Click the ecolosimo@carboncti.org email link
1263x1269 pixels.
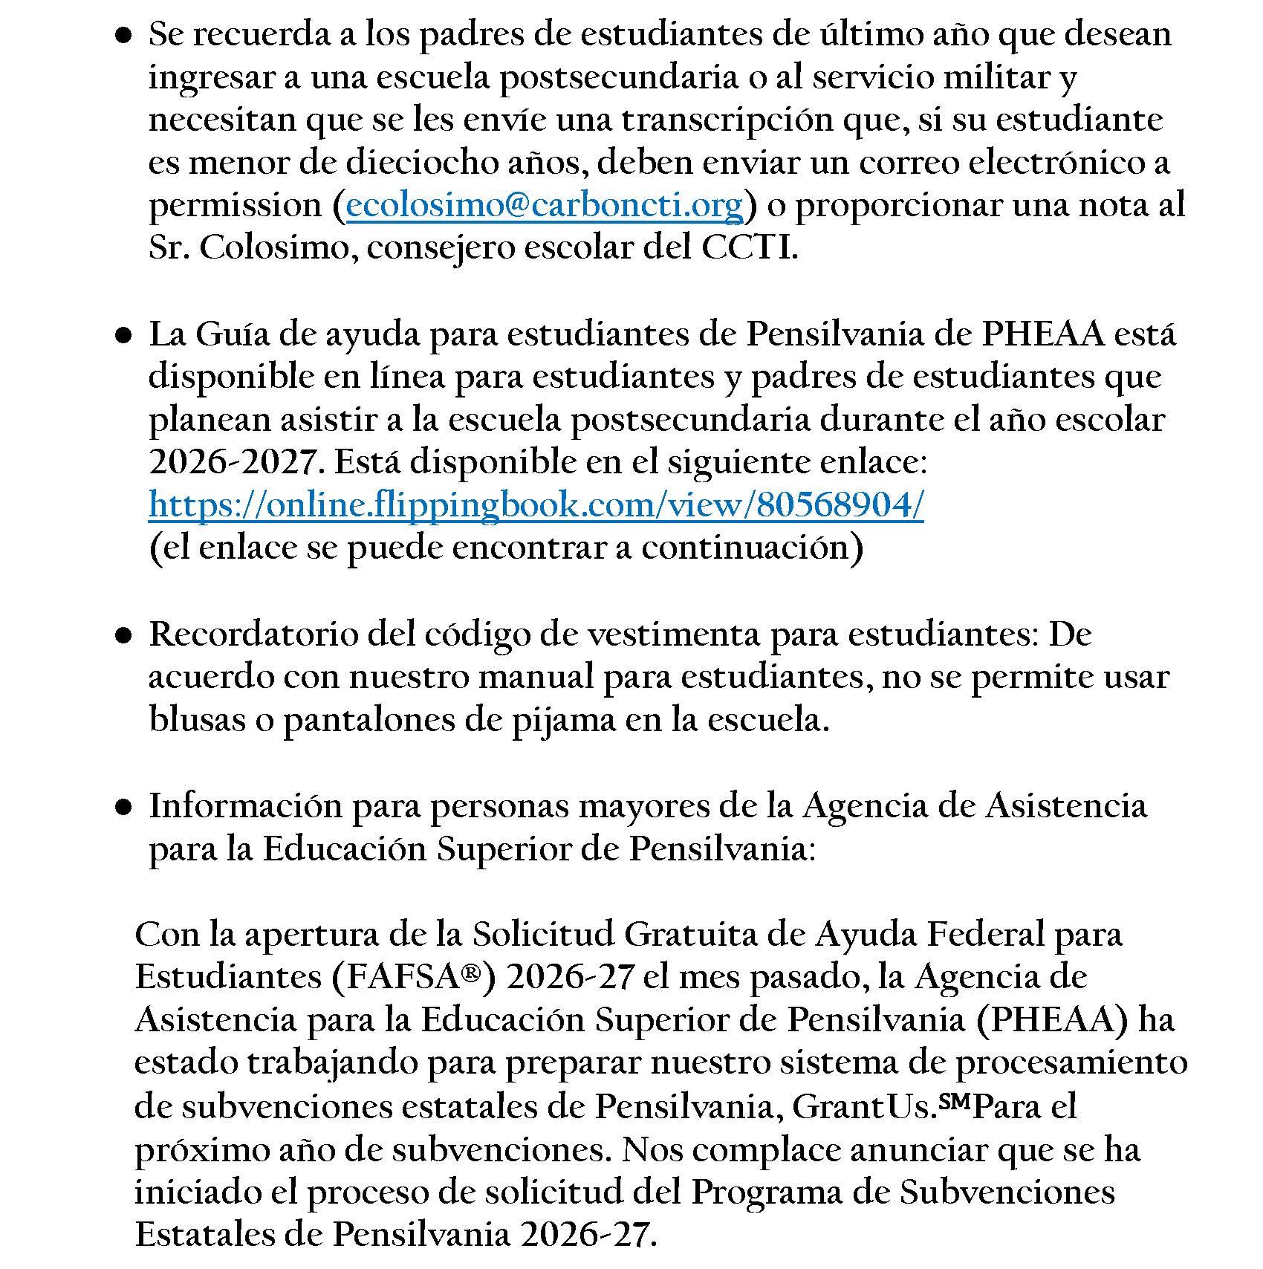(x=545, y=206)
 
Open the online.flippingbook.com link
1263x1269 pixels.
(x=536, y=506)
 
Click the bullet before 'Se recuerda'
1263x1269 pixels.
(x=124, y=36)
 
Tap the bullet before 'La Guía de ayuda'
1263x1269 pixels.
(x=124, y=336)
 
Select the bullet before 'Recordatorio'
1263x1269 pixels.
(x=124, y=636)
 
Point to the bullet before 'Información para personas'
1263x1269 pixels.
(x=124, y=807)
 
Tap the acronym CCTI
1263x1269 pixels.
(x=749, y=248)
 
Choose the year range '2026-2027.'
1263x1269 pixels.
(x=236, y=463)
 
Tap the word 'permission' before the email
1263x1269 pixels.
(x=236, y=206)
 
